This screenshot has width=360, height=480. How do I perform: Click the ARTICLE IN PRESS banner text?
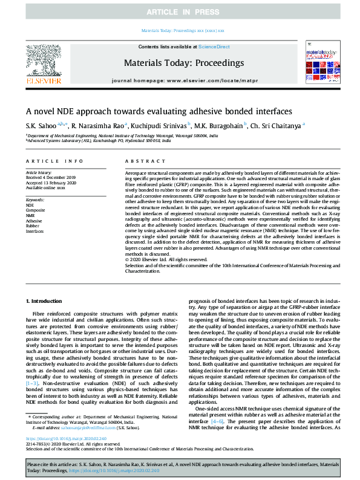coord(180,12)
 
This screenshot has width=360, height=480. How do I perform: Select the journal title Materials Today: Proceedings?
coord(183,62)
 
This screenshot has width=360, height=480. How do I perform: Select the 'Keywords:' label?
coord(35,199)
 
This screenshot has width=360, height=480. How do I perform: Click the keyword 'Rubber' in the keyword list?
coord(33,225)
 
